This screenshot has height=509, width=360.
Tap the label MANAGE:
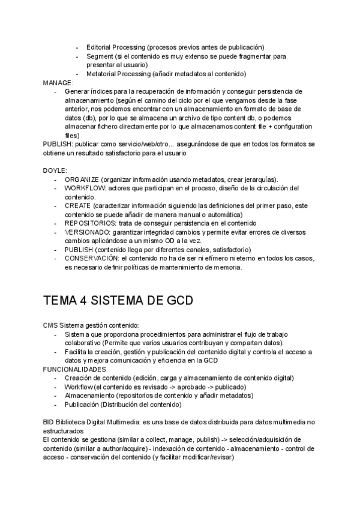[x=58, y=82]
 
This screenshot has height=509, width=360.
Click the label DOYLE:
[x=55, y=171]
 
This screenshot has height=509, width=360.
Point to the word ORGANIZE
[x=82, y=179]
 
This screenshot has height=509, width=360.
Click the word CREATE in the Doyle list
[x=77, y=205]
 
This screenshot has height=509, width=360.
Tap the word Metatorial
[x=103, y=74]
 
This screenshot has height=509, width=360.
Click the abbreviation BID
[x=50, y=423]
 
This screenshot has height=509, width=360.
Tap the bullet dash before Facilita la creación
[x=56, y=352]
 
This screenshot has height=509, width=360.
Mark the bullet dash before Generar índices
[x=56, y=91]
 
